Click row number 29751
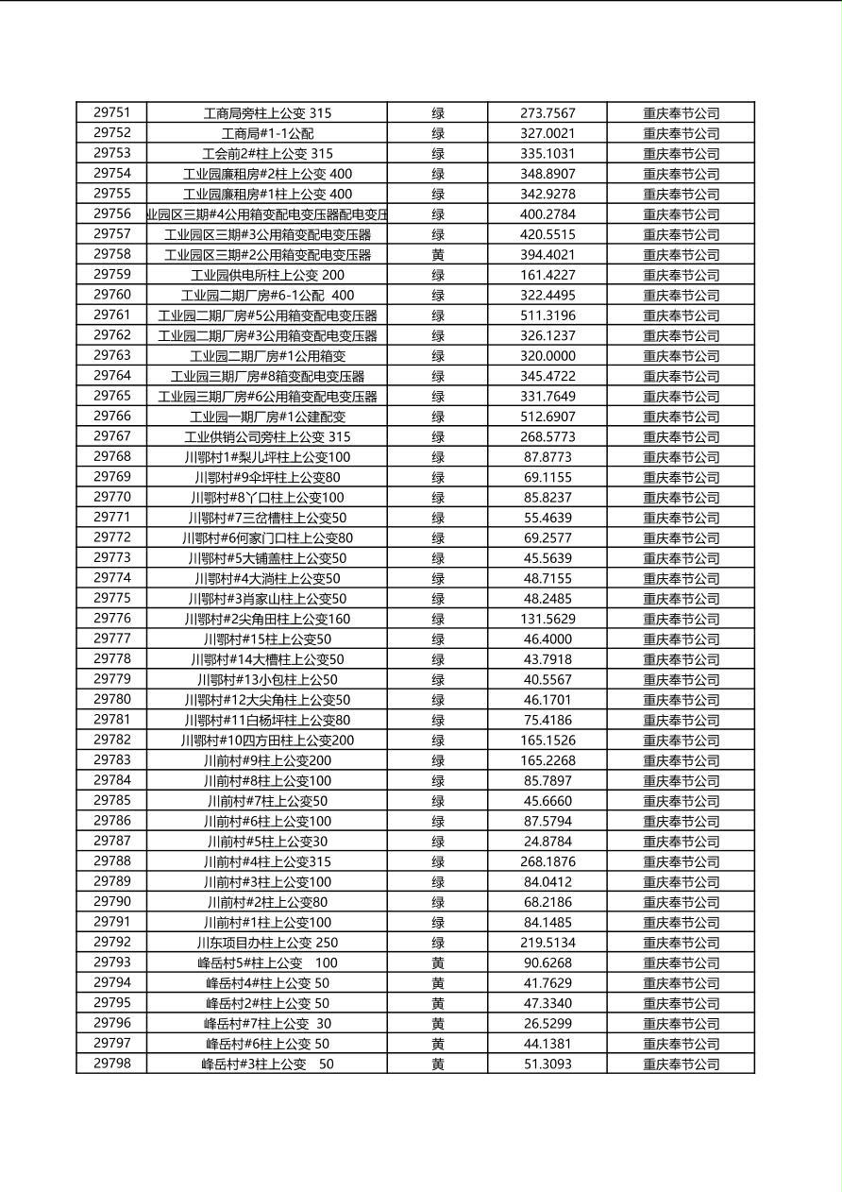click(x=111, y=112)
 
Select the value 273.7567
click(x=547, y=113)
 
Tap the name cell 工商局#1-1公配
click(x=267, y=133)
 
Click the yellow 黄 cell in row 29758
click(x=438, y=255)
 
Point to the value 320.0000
click(x=547, y=356)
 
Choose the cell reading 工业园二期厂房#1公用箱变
click(x=267, y=356)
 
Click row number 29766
click(x=111, y=416)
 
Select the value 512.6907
click(x=547, y=417)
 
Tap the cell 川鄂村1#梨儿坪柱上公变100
click(x=267, y=457)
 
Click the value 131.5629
click(x=547, y=619)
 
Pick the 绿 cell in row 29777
click(x=438, y=639)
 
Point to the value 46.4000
click(x=547, y=639)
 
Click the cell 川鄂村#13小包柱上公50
click(x=267, y=680)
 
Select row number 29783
click(x=111, y=759)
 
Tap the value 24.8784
click(x=547, y=842)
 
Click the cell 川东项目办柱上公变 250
click(x=267, y=943)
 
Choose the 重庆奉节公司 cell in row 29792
click(x=681, y=943)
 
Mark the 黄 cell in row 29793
click(x=438, y=963)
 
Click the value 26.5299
click(x=547, y=1024)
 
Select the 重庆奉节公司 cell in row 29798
click(x=681, y=1064)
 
